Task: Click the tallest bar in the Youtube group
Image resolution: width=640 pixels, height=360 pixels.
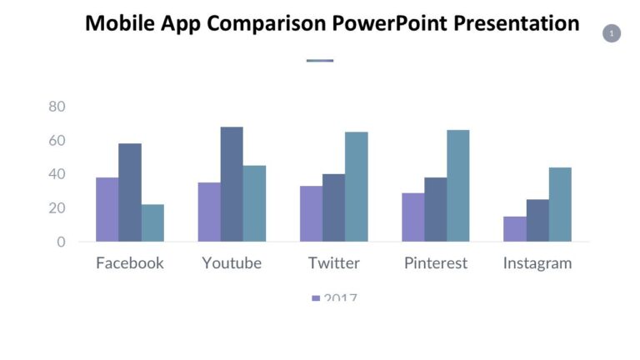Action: tap(232, 184)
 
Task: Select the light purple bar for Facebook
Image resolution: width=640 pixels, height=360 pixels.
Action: tap(107, 209)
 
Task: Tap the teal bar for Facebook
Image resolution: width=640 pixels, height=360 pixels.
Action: tap(152, 222)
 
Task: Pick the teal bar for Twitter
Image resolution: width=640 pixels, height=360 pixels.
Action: tap(356, 187)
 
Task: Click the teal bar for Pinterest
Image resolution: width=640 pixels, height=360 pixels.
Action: tap(457, 186)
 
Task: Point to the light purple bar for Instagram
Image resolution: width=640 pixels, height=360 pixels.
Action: tap(514, 229)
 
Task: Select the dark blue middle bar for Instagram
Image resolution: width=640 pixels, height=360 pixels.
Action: tap(537, 220)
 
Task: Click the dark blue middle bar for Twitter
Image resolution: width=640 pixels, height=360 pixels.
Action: tap(333, 207)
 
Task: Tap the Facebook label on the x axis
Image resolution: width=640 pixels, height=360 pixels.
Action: tap(130, 263)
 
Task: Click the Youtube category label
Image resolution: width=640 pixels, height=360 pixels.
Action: tap(232, 263)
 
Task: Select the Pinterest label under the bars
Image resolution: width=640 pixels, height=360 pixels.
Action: tap(436, 263)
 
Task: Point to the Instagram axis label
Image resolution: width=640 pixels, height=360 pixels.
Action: tap(537, 263)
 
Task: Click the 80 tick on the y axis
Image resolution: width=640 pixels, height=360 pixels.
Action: tap(57, 107)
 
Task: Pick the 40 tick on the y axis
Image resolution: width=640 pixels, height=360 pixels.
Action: tap(57, 174)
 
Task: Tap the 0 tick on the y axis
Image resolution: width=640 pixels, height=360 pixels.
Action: tap(61, 242)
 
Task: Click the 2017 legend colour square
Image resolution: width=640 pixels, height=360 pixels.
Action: tap(316, 297)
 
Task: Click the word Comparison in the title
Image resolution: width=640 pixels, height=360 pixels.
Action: tap(266, 23)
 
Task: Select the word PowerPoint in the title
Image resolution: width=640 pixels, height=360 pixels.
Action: tap(391, 23)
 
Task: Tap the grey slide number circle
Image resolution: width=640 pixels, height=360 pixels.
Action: tap(612, 33)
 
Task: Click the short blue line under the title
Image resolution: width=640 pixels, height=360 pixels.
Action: tap(320, 60)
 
